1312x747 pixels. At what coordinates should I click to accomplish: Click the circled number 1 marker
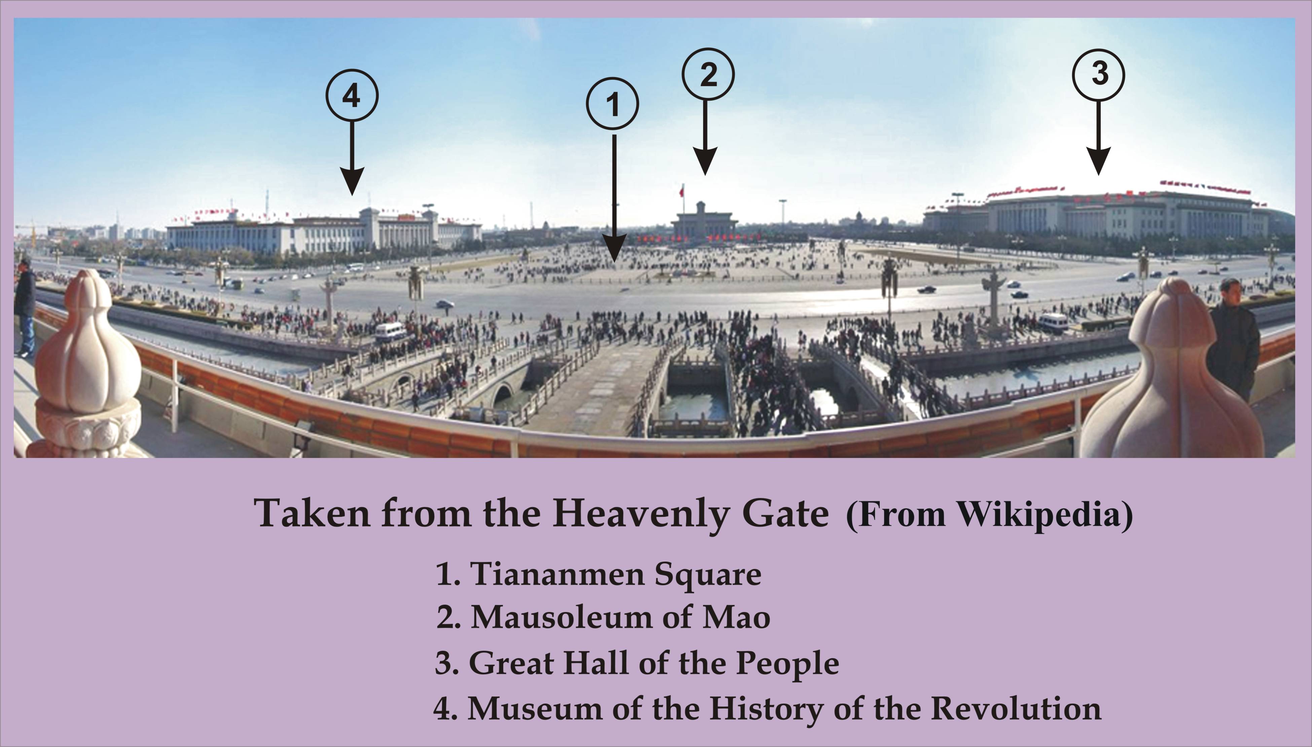(612, 104)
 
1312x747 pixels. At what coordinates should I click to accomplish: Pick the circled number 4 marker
(352, 96)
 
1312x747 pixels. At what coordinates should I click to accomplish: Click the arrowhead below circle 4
(352, 181)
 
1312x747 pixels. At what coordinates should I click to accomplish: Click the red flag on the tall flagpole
(681, 192)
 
